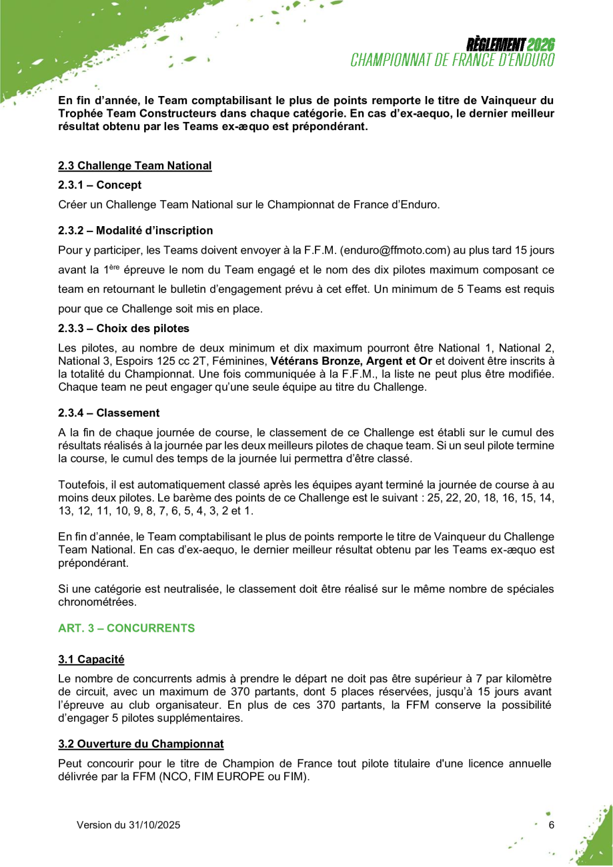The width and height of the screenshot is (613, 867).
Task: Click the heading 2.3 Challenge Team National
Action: (135, 165)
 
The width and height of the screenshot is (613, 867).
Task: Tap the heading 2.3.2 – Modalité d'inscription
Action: (135, 231)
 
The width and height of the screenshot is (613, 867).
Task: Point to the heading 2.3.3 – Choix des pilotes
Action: (123, 328)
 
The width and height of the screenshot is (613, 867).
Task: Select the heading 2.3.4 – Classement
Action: (109, 413)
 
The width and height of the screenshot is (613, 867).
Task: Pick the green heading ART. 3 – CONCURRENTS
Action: (127, 628)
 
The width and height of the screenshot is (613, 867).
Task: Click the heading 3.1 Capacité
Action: (91, 660)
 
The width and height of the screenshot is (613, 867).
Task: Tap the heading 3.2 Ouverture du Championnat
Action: (141, 744)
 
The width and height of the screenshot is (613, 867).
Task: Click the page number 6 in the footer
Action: (551, 825)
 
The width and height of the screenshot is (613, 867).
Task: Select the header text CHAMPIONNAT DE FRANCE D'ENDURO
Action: (453, 60)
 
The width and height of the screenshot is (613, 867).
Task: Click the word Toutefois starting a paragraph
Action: (82, 485)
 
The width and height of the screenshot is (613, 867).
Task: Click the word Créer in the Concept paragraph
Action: (71, 205)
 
